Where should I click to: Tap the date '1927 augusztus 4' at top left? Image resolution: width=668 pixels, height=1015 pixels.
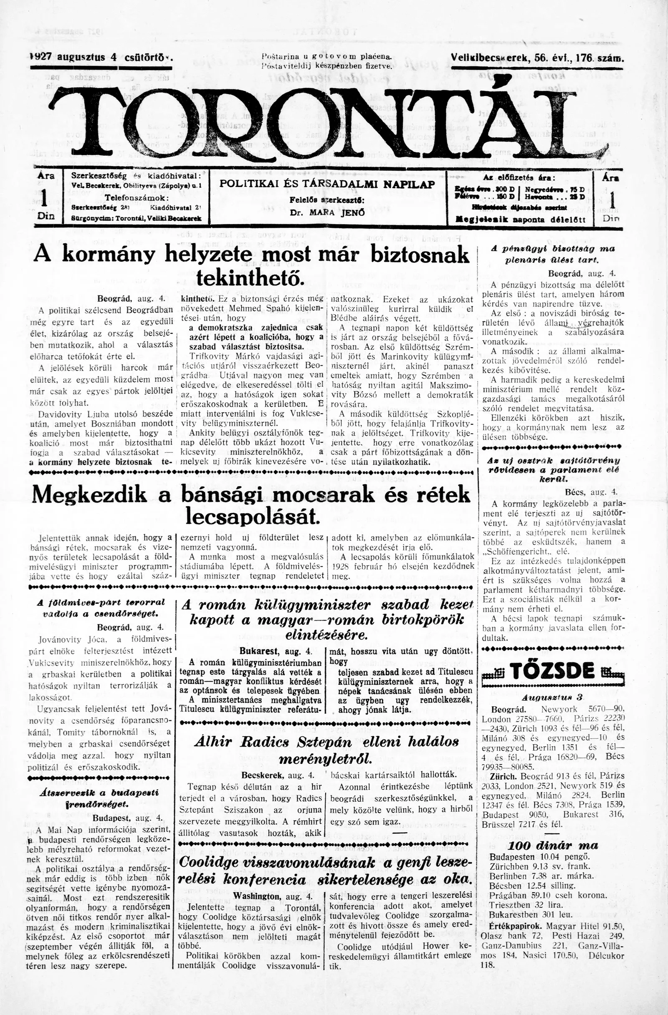75,57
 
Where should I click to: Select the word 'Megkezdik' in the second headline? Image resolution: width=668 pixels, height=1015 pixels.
89,495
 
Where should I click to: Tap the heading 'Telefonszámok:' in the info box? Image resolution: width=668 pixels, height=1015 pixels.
137,198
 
